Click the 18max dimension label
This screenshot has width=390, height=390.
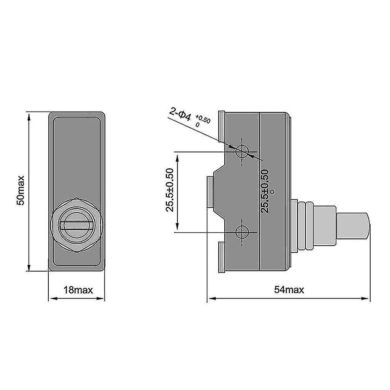(x=78, y=290)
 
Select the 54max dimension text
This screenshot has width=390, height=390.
(x=289, y=290)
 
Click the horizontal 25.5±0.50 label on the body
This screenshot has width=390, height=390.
(x=266, y=191)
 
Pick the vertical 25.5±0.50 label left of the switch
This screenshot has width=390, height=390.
(x=170, y=190)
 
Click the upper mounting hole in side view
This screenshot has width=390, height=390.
(x=242, y=152)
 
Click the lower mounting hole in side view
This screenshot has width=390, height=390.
(x=242, y=232)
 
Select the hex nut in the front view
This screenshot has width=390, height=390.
(x=76, y=225)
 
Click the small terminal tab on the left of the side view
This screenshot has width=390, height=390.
(x=209, y=192)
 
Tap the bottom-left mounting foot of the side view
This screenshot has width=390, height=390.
(x=221, y=259)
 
